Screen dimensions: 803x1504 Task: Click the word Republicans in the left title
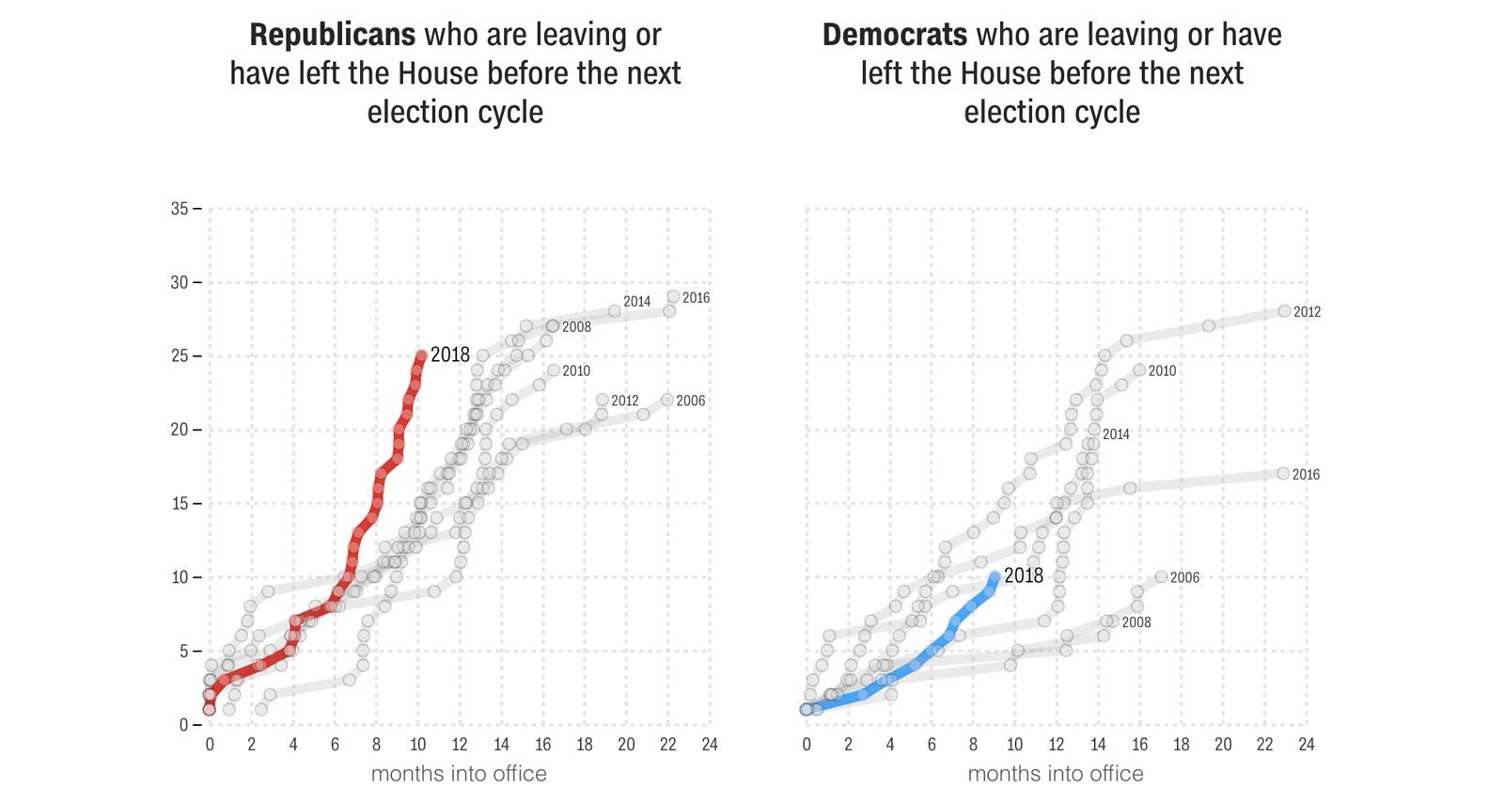click(332, 36)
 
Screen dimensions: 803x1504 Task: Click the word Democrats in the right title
click(894, 36)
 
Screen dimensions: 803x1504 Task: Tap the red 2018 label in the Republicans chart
click(450, 354)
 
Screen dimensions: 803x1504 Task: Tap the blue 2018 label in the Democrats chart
click(1024, 575)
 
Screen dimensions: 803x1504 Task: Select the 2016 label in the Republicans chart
click(696, 298)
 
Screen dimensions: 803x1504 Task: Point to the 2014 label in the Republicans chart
click(636, 302)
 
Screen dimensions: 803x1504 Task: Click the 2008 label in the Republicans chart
click(576, 327)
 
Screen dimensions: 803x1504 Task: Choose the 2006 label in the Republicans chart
click(690, 401)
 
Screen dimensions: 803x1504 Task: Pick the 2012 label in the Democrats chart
click(1307, 312)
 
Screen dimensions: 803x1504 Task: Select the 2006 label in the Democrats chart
click(1184, 577)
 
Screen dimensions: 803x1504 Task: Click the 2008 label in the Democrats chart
click(1136, 622)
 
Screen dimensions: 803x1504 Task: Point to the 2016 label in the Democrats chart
click(1306, 475)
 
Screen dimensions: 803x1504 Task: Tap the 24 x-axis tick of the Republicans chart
click(710, 745)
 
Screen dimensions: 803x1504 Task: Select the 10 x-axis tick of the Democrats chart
click(1014, 745)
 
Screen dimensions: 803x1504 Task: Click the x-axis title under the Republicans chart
click(459, 774)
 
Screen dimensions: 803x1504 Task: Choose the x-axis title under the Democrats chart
click(1056, 774)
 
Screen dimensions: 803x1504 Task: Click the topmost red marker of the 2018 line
click(421, 355)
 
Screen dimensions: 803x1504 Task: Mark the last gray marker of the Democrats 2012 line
click(1284, 311)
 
